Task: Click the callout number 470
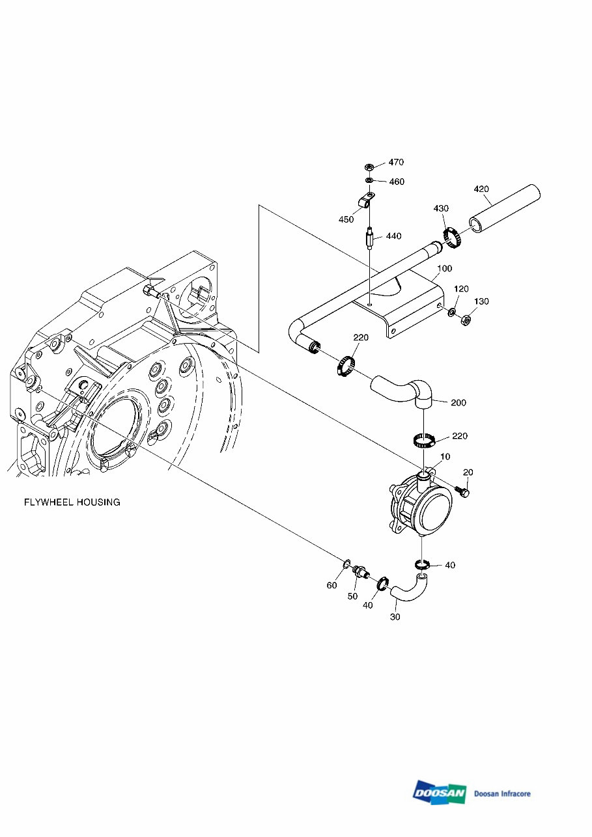pyautogui.click(x=397, y=162)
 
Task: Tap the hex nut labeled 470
pyautogui.click(x=369, y=167)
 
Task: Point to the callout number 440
pyautogui.click(x=393, y=236)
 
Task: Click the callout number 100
pyautogui.click(x=444, y=268)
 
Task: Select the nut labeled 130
pyautogui.click(x=466, y=320)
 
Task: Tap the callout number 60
pyautogui.click(x=331, y=585)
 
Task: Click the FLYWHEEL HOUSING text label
pyautogui.click(x=72, y=502)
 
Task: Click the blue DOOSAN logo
pyautogui.click(x=439, y=793)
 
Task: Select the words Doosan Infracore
pyautogui.click(x=502, y=793)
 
